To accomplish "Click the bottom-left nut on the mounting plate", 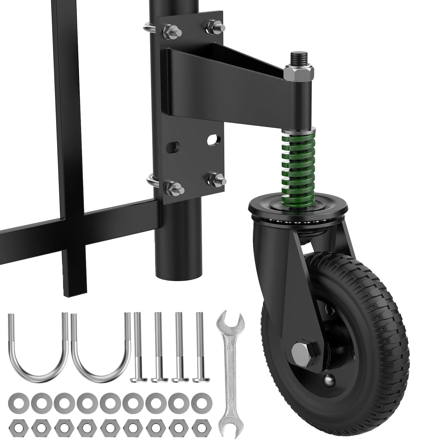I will click(172, 188).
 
